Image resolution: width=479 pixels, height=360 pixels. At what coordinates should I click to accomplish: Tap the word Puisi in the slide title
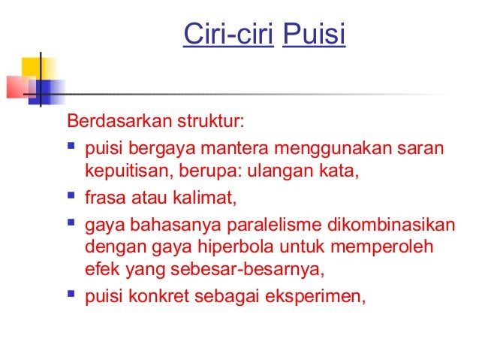pos(314,35)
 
